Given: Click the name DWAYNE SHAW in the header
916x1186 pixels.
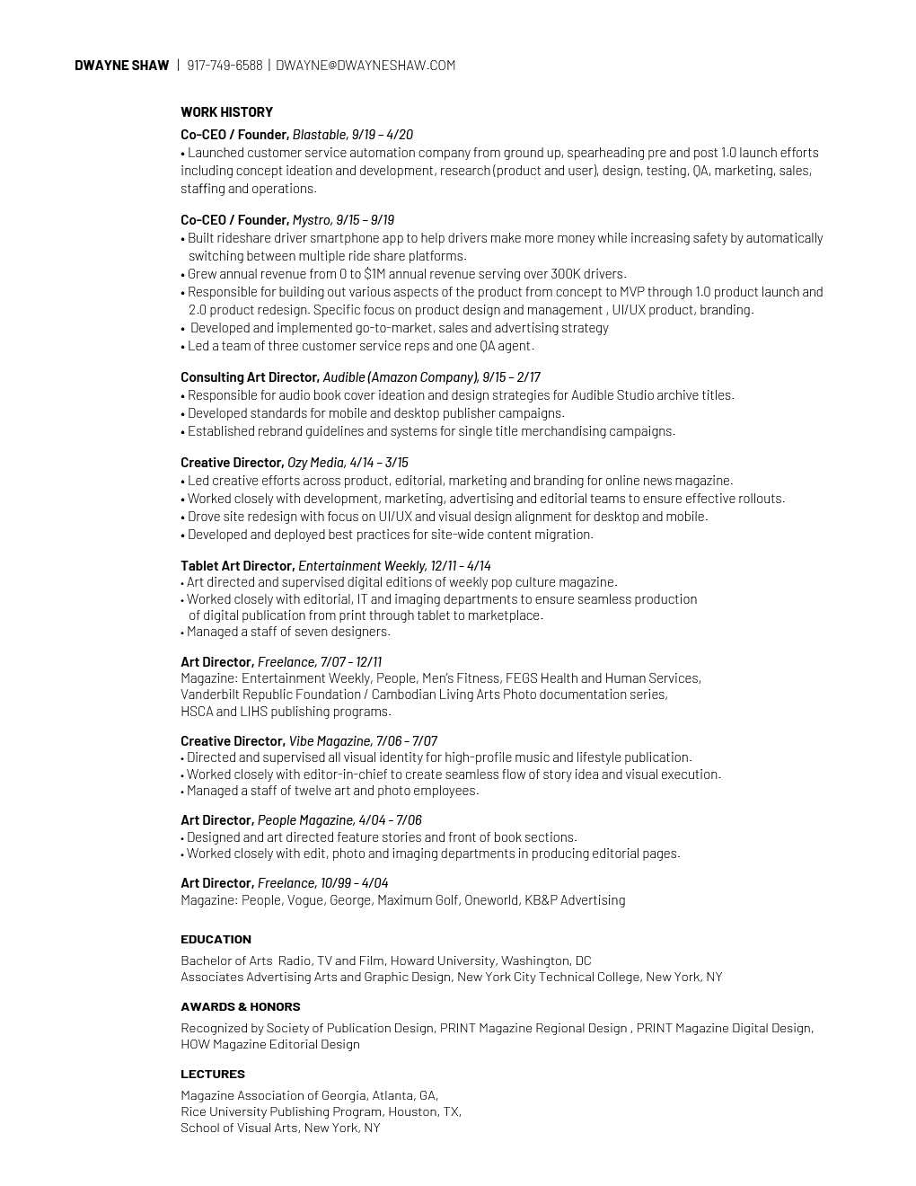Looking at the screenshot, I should [x=121, y=65].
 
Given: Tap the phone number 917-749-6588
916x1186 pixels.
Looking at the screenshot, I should [x=225, y=65].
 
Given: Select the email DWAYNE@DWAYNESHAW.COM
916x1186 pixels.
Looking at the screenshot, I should [x=366, y=65].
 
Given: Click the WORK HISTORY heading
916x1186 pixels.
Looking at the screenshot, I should [x=226, y=112].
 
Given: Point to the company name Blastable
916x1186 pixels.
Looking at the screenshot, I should [x=319, y=135].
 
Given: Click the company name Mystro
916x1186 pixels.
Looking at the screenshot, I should [x=312, y=220].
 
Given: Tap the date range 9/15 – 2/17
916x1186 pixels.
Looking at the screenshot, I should [x=511, y=377].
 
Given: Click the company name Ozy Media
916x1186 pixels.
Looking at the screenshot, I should [x=316, y=463].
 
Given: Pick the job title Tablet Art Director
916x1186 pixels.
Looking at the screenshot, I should [x=237, y=566].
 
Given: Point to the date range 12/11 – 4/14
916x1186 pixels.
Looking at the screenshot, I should [x=461, y=566].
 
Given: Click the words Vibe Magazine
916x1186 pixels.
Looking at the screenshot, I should [x=330, y=741].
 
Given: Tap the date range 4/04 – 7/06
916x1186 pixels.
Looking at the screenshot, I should [x=390, y=820].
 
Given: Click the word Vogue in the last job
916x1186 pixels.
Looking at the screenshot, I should [x=305, y=900].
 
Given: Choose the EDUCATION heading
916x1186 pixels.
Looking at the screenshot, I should [x=216, y=940].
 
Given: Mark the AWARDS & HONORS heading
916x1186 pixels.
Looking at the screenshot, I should [x=240, y=1007].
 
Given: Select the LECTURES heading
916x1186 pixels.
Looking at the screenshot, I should [x=212, y=1075].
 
